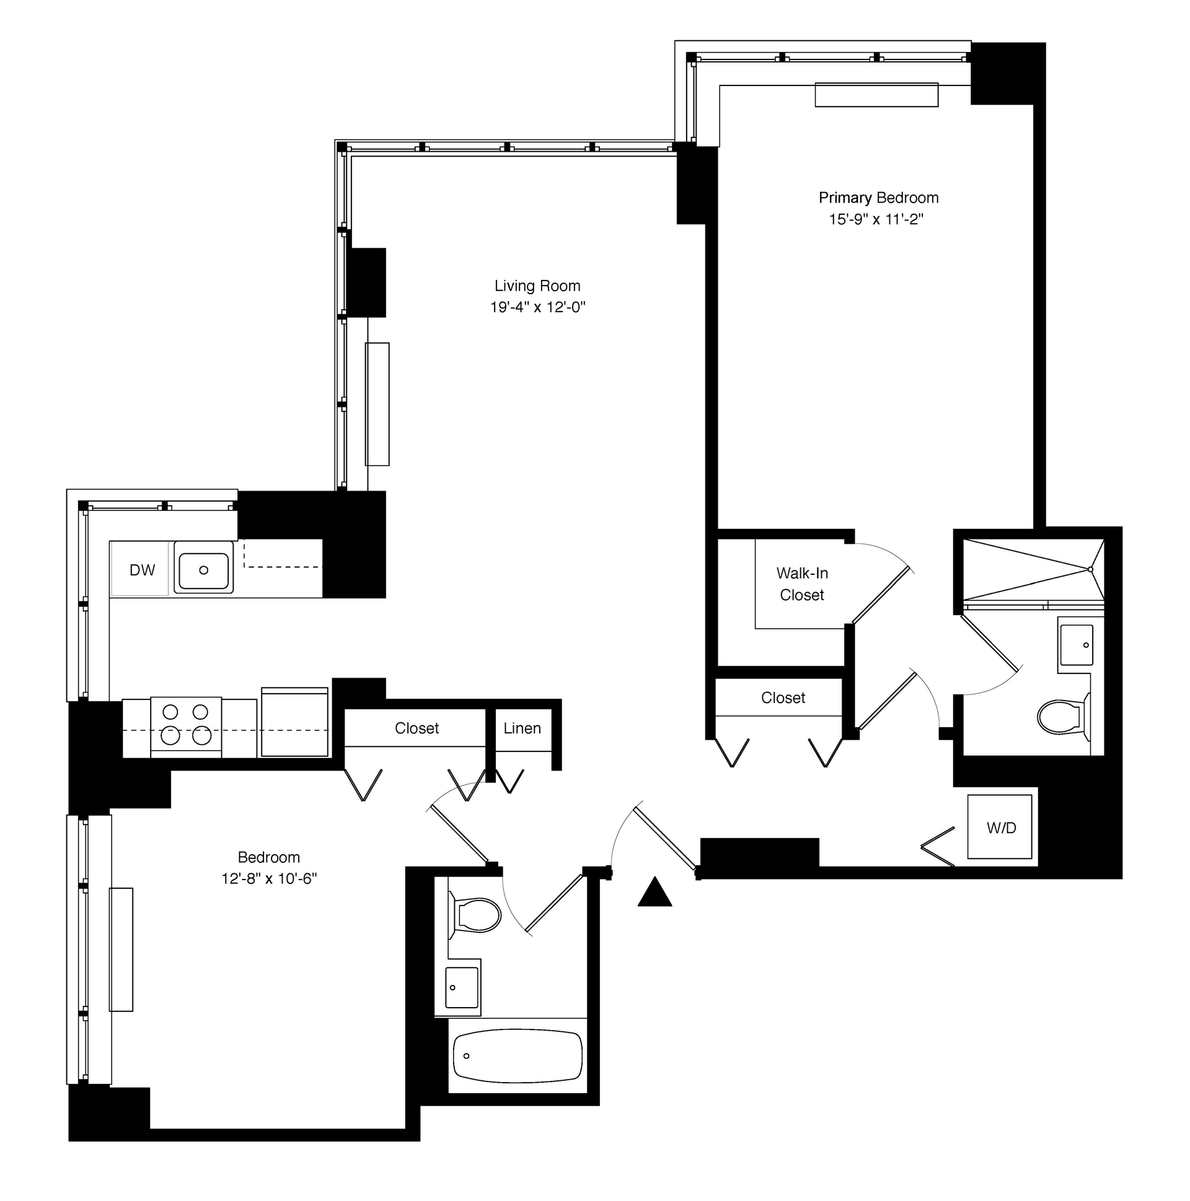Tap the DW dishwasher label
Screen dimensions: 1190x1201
[x=142, y=570]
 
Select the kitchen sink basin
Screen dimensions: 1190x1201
[x=203, y=570]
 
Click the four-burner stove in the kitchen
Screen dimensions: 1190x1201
[x=186, y=727]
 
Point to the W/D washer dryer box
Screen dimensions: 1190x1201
[x=1000, y=828]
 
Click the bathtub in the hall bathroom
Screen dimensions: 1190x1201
[x=518, y=1056]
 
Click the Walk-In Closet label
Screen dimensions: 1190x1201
[x=802, y=584]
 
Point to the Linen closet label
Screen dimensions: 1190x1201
[x=522, y=728]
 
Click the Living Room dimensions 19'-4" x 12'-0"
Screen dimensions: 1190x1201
[x=537, y=307]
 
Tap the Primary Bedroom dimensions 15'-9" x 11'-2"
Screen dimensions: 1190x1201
[x=876, y=219]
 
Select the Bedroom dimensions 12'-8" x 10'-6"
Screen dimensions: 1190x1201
[x=270, y=879]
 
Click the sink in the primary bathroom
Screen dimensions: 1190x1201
[x=1075, y=645]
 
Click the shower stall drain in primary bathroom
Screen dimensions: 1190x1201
[x=1090, y=569]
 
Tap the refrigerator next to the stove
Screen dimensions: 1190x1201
[x=294, y=722]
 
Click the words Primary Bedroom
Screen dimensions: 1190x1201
[x=878, y=198]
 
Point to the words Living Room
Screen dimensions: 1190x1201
[x=537, y=286]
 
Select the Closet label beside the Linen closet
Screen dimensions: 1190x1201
[x=416, y=728]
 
